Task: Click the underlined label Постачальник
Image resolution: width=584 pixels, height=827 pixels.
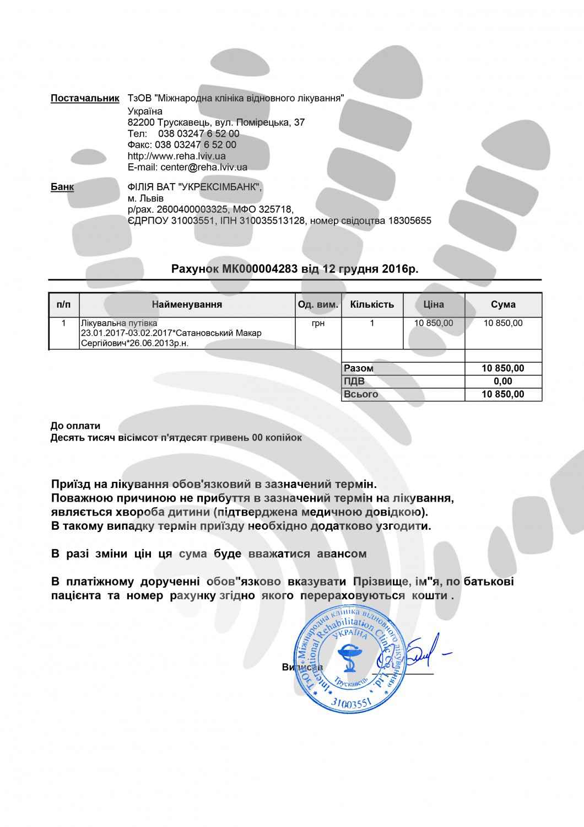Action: tap(85, 99)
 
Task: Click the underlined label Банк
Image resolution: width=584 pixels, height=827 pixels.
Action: tap(62, 187)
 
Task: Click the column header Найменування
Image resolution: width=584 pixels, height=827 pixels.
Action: tap(187, 304)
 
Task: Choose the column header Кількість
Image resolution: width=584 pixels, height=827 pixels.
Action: tap(372, 304)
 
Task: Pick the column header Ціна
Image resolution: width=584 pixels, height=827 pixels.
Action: tap(434, 304)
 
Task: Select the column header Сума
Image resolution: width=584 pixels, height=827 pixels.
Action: tap(503, 304)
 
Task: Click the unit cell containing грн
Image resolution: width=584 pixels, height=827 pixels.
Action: tap(318, 324)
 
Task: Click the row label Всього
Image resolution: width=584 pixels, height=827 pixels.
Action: tap(361, 394)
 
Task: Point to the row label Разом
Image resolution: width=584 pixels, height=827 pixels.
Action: tap(358, 368)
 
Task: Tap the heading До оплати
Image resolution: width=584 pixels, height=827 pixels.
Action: tap(75, 426)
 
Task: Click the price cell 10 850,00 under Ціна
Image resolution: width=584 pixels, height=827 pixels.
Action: tap(434, 323)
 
